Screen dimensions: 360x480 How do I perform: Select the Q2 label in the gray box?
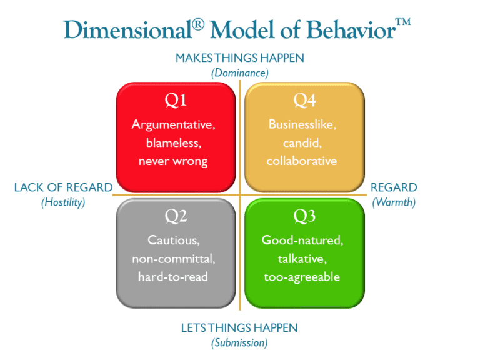pyautogui.click(x=176, y=216)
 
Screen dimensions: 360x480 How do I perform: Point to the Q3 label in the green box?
pyautogui.click(x=304, y=216)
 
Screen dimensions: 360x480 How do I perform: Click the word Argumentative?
pyautogui.click(x=173, y=124)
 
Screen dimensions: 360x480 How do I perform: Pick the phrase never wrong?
pyautogui.click(x=173, y=161)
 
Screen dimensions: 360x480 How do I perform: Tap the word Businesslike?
pyautogui.click(x=302, y=124)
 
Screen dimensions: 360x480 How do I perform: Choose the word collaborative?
pyautogui.click(x=302, y=161)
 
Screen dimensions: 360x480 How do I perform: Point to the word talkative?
pyautogui.click(x=302, y=258)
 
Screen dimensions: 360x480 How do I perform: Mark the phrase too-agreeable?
pyautogui.click(x=302, y=276)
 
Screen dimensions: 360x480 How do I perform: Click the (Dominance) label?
pyautogui.click(x=240, y=72)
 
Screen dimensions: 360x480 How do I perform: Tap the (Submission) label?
pyautogui.click(x=239, y=342)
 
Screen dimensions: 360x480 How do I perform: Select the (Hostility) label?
pyautogui.click(x=63, y=202)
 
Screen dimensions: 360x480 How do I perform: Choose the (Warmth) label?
pyautogui.click(x=394, y=202)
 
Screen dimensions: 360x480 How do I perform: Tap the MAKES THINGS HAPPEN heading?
pyautogui.click(x=240, y=58)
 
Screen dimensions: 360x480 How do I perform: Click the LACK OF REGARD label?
pyautogui.click(x=63, y=187)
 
